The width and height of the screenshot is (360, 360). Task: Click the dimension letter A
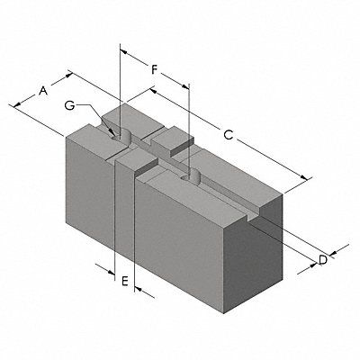[41, 90]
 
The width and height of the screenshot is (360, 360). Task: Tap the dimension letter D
[322, 261]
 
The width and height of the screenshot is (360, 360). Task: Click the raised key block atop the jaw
[173, 142]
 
